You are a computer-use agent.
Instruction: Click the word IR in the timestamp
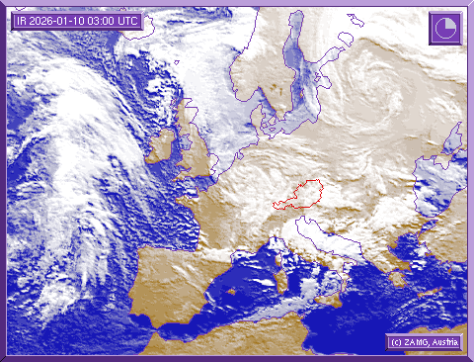click(22, 19)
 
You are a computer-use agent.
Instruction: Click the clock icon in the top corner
click(443, 28)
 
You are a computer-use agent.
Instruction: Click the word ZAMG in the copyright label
click(415, 341)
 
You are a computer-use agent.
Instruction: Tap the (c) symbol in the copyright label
click(394, 341)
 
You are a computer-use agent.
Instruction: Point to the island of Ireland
click(161, 146)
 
